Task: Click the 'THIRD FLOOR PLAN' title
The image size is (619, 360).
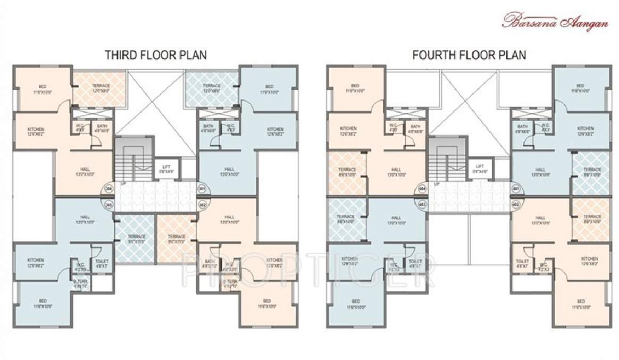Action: click(x=155, y=55)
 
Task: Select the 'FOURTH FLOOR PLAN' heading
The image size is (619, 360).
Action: click(x=469, y=55)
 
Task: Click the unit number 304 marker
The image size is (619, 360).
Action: click(x=108, y=189)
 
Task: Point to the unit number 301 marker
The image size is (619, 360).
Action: click(x=203, y=189)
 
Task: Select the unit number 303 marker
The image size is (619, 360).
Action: click(x=108, y=204)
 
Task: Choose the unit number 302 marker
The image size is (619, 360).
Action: click(x=203, y=204)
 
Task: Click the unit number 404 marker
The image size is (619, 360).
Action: click(x=423, y=189)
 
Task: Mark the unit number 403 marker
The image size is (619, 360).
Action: click(x=423, y=204)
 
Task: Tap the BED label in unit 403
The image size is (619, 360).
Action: click(x=356, y=303)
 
